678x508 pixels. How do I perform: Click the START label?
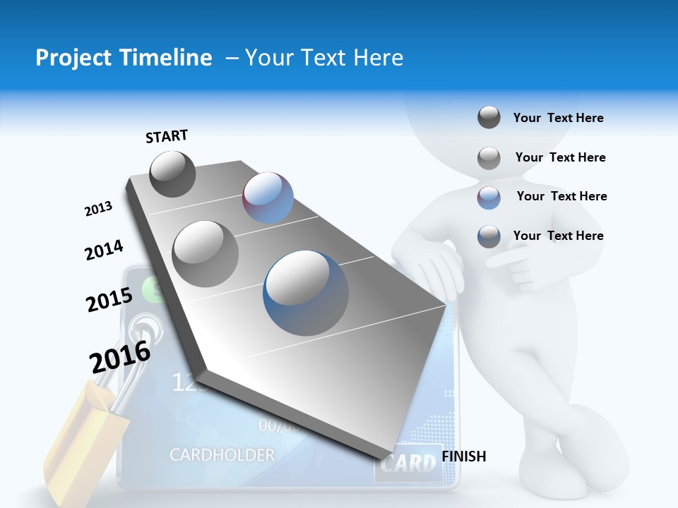tap(167, 136)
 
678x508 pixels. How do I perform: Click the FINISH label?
tap(464, 456)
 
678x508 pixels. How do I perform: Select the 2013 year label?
tap(98, 209)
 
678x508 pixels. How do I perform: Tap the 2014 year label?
tap(104, 250)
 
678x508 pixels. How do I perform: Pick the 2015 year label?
tap(109, 300)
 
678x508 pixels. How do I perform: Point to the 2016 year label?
tap(120, 357)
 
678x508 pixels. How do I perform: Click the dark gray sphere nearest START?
tap(172, 174)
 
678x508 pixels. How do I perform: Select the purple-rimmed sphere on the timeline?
tap(268, 198)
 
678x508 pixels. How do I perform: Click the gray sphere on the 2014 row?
tap(206, 253)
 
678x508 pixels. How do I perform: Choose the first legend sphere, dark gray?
tap(489, 118)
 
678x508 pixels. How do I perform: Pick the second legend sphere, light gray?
tap(489, 158)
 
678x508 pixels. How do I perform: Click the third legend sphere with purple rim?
tap(489, 198)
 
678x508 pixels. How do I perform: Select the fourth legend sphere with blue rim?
tap(489, 236)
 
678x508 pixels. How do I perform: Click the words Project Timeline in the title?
tap(124, 58)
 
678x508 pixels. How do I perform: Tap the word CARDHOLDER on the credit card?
tap(222, 455)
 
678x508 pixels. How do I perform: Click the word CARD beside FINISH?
tap(408, 464)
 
